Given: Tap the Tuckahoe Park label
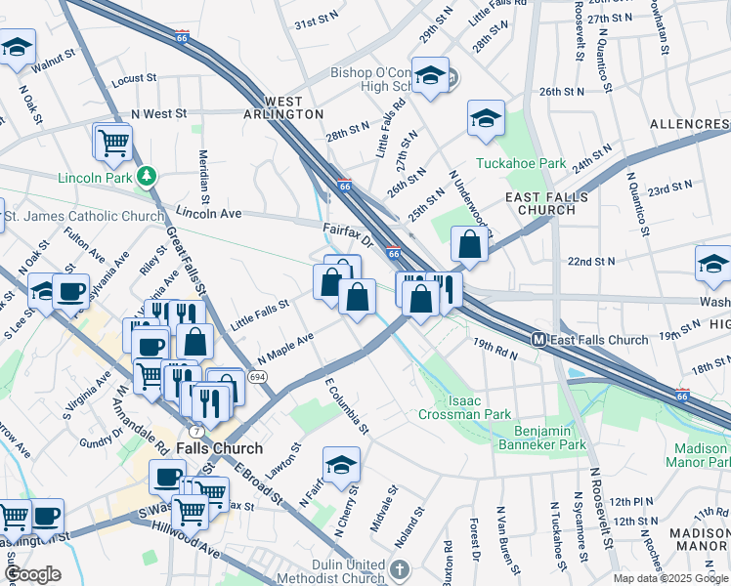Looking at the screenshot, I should click(521, 163).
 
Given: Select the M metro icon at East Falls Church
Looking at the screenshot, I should click(537, 340).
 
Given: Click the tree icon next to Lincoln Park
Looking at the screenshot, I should click(147, 177).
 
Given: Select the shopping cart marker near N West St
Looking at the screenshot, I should click(113, 142).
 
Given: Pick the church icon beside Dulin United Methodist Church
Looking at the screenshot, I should click(399, 568).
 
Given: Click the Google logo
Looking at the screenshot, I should click(32, 574).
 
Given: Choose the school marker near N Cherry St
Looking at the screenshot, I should click(341, 466).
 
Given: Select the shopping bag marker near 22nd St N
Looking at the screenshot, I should click(470, 245).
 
